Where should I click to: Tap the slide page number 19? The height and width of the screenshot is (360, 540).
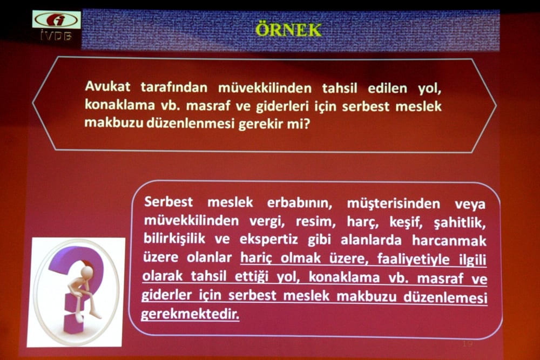point(468,343)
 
